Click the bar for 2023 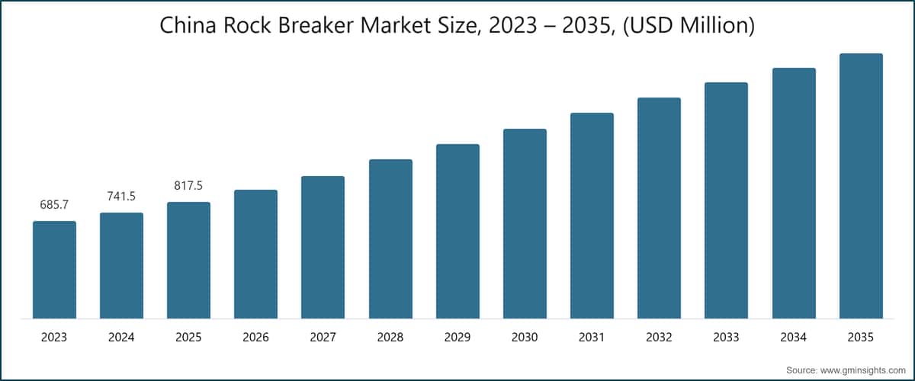point(54,270)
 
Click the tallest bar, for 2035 point(861,186)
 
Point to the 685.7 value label point(54,206)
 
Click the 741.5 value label point(121,197)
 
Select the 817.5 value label point(188,186)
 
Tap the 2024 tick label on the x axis point(121,336)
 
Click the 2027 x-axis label point(323,336)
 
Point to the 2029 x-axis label point(457,336)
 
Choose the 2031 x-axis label point(592,336)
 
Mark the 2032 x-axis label point(659,336)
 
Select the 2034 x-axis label point(794,336)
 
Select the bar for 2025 point(188,260)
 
